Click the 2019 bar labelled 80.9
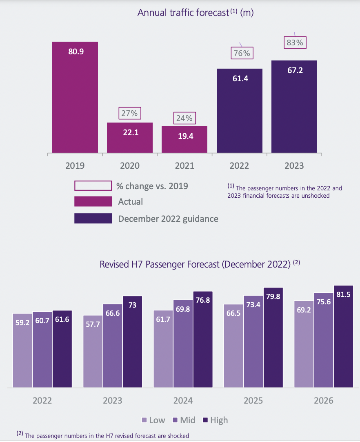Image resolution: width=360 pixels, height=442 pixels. [x=75, y=98]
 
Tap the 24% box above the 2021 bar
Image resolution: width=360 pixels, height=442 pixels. [x=184, y=118]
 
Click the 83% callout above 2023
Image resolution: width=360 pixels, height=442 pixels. [x=295, y=42]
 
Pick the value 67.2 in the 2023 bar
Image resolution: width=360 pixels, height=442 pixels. [x=294, y=70]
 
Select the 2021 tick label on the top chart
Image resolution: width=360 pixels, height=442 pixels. [x=184, y=166]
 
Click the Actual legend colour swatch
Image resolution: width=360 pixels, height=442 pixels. [x=93, y=201]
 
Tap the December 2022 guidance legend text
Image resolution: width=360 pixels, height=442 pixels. [x=168, y=219]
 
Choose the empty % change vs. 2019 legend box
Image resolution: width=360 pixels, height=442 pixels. [x=93, y=186]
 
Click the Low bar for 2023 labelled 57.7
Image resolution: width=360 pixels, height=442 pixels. [x=93, y=351]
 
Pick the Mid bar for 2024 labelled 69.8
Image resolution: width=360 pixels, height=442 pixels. [x=183, y=343]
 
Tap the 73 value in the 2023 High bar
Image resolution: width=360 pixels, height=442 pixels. [x=132, y=306]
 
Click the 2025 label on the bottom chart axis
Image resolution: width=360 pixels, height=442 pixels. [x=253, y=400]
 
